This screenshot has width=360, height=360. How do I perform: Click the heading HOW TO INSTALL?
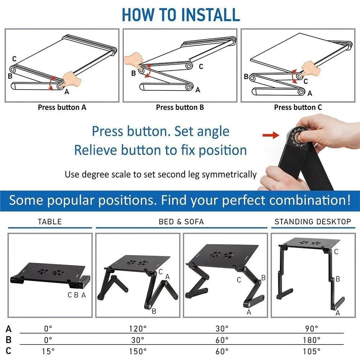[180, 14]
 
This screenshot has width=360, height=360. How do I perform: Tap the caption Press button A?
[62, 107]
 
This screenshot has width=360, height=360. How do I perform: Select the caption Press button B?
[177, 107]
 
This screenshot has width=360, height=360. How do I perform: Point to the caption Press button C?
[298, 107]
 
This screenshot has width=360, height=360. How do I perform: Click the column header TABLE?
[50, 222]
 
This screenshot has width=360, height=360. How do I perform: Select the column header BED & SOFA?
[181, 222]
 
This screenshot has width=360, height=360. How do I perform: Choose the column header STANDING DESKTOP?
[312, 222]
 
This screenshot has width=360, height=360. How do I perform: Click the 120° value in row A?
[138, 328]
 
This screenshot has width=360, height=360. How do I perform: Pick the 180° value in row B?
[312, 340]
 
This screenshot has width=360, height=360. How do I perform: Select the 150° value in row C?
[138, 351]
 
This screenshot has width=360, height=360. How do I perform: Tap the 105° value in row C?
[312, 351]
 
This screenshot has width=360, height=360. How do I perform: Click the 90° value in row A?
[312, 328]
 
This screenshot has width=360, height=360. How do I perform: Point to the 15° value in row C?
[48, 351]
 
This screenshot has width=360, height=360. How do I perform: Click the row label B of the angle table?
[9, 340]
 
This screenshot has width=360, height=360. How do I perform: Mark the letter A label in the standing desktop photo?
[338, 313]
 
